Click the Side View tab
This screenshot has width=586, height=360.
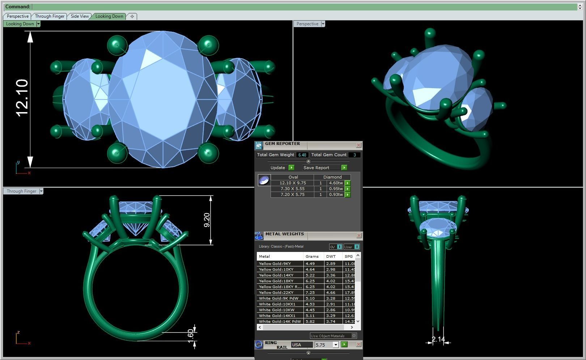tap(80, 16)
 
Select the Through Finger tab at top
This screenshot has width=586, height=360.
tap(50, 16)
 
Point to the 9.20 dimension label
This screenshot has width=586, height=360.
tap(207, 220)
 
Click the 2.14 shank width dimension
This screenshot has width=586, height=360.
tap(438, 339)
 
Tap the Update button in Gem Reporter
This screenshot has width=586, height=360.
tap(278, 168)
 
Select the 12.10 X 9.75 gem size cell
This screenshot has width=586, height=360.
tap(292, 183)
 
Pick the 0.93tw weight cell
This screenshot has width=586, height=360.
tap(335, 195)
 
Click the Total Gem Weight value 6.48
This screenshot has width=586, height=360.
tap(302, 155)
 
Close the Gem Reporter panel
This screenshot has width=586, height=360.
tap(358, 145)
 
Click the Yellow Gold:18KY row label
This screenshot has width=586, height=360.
tap(276, 281)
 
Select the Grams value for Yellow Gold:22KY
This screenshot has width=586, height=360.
tap(310, 293)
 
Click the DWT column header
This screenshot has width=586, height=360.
tap(331, 257)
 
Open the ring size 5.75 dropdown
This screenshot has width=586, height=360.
tap(335, 345)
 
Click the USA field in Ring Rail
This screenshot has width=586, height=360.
tap(302, 345)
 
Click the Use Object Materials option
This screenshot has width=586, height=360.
tap(330, 336)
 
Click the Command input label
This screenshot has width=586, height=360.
tap(18, 7)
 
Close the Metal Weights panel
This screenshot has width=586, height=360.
tap(358, 236)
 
